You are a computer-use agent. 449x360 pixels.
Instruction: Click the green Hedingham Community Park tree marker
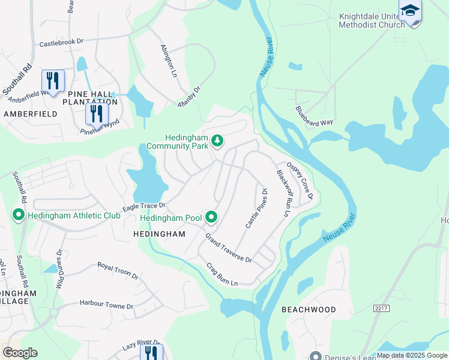click(217, 142)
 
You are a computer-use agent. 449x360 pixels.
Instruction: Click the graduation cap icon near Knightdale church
click(410, 11)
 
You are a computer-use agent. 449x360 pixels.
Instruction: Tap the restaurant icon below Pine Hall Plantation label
click(96, 113)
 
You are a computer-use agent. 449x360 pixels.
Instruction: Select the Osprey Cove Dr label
click(300, 181)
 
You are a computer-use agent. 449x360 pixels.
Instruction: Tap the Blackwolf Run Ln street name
click(283, 193)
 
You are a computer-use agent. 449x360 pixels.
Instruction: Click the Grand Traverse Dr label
click(229, 248)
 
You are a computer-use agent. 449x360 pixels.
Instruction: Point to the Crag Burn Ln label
click(222, 274)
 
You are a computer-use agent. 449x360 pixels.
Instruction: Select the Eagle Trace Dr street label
click(144, 206)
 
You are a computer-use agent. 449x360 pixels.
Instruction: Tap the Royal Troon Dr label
click(118, 271)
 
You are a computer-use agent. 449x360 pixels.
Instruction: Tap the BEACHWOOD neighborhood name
click(309, 310)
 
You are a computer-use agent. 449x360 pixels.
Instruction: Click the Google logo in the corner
click(20, 353)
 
